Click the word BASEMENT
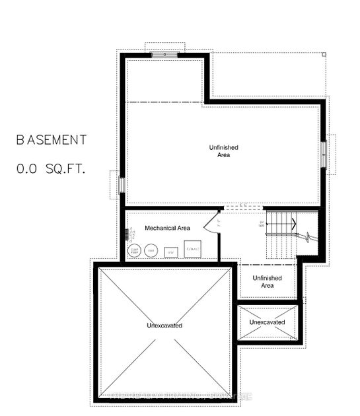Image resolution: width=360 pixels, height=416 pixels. [x=52, y=140]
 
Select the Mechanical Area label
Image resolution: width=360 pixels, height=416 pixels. [x=167, y=228]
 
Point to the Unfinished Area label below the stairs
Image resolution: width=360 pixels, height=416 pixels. [x=267, y=282]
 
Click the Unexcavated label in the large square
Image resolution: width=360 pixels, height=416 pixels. [x=164, y=326]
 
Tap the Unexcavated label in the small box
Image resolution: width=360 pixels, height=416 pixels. [x=268, y=322]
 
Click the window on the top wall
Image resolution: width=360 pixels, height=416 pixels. [x=164, y=54]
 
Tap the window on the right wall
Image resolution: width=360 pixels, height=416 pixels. [x=324, y=155]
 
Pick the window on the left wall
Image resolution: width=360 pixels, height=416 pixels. [x=121, y=183]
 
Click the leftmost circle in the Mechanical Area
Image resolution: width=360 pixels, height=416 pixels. [x=134, y=250]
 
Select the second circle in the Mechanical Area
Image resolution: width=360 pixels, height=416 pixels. [x=151, y=250]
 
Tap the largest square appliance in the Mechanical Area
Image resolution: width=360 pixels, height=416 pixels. [x=192, y=250]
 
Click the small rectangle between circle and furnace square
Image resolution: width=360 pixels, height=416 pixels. [x=170, y=252]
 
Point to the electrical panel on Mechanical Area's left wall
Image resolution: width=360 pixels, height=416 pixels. [x=126, y=235]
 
